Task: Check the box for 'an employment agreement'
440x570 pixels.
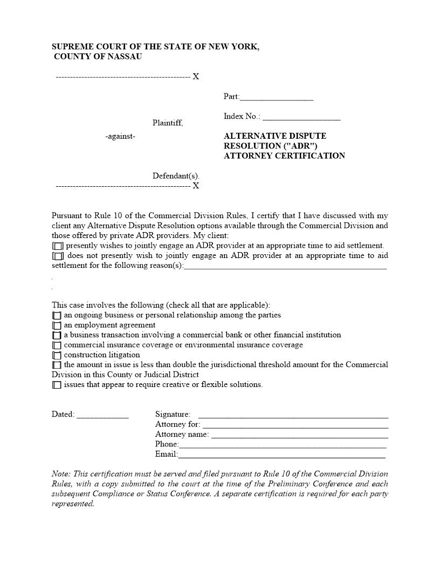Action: pyautogui.click(x=57, y=325)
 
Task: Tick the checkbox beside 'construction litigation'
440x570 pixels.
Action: pyautogui.click(x=57, y=355)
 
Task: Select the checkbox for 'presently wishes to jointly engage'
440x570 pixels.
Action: pyautogui.click(x=58, y=246)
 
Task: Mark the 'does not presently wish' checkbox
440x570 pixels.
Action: pyautogui.click(x=58, y=256)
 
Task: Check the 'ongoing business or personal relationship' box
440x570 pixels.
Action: pyautogui.click(x=57, y=315)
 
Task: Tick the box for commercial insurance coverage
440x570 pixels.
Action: pyautogui.click(x=57, y=345)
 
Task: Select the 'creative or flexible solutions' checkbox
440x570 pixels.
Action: pyautogui.click(x=57, y=385)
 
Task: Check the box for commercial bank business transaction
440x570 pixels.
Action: pyautogui.click(x=57, y=335)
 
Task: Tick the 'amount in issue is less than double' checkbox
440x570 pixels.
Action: pyautogui.click(x=57, y=365)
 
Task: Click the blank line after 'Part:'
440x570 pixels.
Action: pyautogui.click(x=277, y=98)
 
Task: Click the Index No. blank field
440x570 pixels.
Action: pyautogui.click(x=301, y=117)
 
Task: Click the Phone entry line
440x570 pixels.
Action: pyautogui.click(x=282, y=445)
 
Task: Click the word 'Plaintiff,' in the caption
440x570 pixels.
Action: pyautogui.click(x=168, y=123)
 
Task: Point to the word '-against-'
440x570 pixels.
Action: pyautogui.click(x=120, y=137)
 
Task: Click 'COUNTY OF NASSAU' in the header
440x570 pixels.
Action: pyautogui.click(x=98, y=57)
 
